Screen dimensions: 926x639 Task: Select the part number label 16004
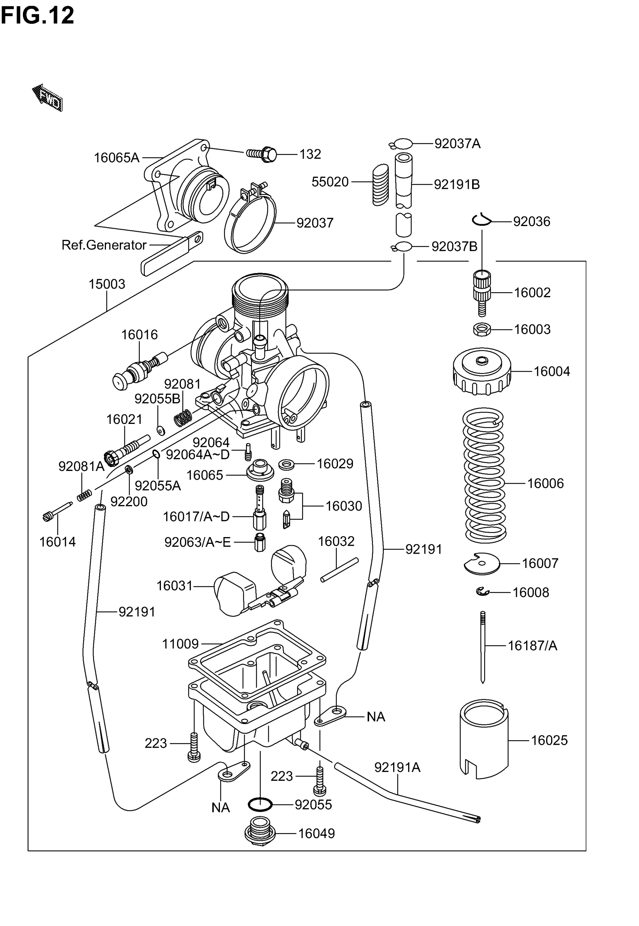[551, 371]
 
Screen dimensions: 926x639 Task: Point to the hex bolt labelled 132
[262, 154]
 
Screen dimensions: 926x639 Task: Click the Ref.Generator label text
[104, 245]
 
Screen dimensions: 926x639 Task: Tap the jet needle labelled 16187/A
[483, 647]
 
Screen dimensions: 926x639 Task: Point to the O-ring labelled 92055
[260, 804]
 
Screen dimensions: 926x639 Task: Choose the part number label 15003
[106, 284]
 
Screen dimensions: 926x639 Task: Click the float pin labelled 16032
[339, 570]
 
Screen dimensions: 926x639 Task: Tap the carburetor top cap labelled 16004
[482, 371]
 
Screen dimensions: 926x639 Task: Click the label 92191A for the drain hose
[397, 767]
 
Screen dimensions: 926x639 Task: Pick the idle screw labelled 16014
[56, 512]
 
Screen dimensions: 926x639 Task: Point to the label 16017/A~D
[196, 517]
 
